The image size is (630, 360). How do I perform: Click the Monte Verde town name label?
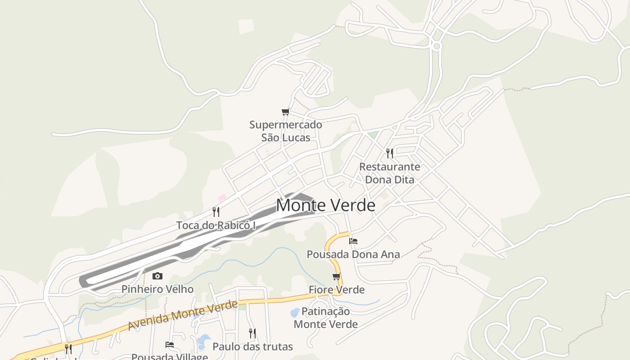pos(325,205)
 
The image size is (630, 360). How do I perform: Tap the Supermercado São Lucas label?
pos(286,131)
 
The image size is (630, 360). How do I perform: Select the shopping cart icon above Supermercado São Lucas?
pos(285,112)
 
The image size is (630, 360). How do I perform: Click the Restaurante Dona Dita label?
pos(390,173)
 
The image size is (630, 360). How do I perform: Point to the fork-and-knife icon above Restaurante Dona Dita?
pos(390,153)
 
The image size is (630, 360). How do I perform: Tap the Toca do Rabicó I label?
pos(216,225)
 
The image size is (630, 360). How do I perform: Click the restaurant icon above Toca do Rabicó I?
pos(216,211)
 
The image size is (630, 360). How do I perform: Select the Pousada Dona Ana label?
pos(353,254)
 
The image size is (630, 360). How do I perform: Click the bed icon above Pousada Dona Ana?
pos(353,241)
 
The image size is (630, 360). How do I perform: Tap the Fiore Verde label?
pos(337,289)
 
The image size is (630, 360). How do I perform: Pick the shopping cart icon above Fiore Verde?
pos(336,276)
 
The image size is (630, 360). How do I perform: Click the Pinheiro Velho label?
pos(157,289)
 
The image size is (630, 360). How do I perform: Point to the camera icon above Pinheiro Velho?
pos(157,276)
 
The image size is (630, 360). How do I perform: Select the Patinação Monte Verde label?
pos(326,317)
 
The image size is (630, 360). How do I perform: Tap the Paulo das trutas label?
pos(252,346)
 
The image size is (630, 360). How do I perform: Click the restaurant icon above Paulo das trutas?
pos(252,333)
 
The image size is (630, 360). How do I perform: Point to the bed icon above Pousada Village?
pos(170,345)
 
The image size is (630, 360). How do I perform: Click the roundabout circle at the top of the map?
pos(436,46)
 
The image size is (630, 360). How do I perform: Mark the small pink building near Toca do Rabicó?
pos(222,198)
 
